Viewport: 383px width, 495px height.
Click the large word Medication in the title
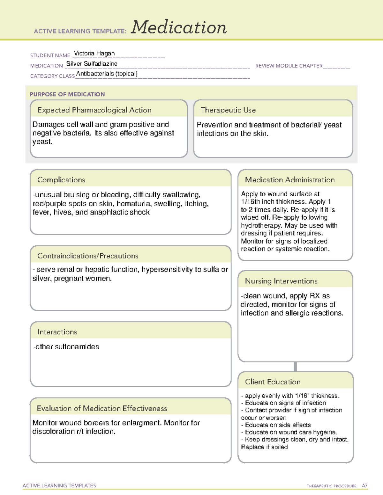click(179, 27)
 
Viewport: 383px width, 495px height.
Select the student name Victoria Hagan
click(94, 53)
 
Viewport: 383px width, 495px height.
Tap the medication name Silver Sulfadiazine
click(92, 64)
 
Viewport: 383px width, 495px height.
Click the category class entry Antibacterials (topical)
click(107, 74)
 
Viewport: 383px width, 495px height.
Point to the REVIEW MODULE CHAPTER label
click(289, 66)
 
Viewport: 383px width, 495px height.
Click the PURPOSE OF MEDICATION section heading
click(67, 94)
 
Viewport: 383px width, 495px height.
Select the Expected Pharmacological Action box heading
click(94, 110)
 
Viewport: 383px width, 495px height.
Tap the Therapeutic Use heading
click(228, 110)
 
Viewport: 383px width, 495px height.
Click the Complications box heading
click(61, 180)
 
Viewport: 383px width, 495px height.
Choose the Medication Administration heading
click(289, 180)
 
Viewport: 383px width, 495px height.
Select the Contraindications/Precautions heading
click(87, 256)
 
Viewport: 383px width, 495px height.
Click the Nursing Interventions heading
click(281, 281)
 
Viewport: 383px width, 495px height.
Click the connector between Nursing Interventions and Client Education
click(295, 367)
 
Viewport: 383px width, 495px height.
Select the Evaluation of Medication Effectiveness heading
click(102, 408)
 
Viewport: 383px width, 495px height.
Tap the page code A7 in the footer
click(364, 486)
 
